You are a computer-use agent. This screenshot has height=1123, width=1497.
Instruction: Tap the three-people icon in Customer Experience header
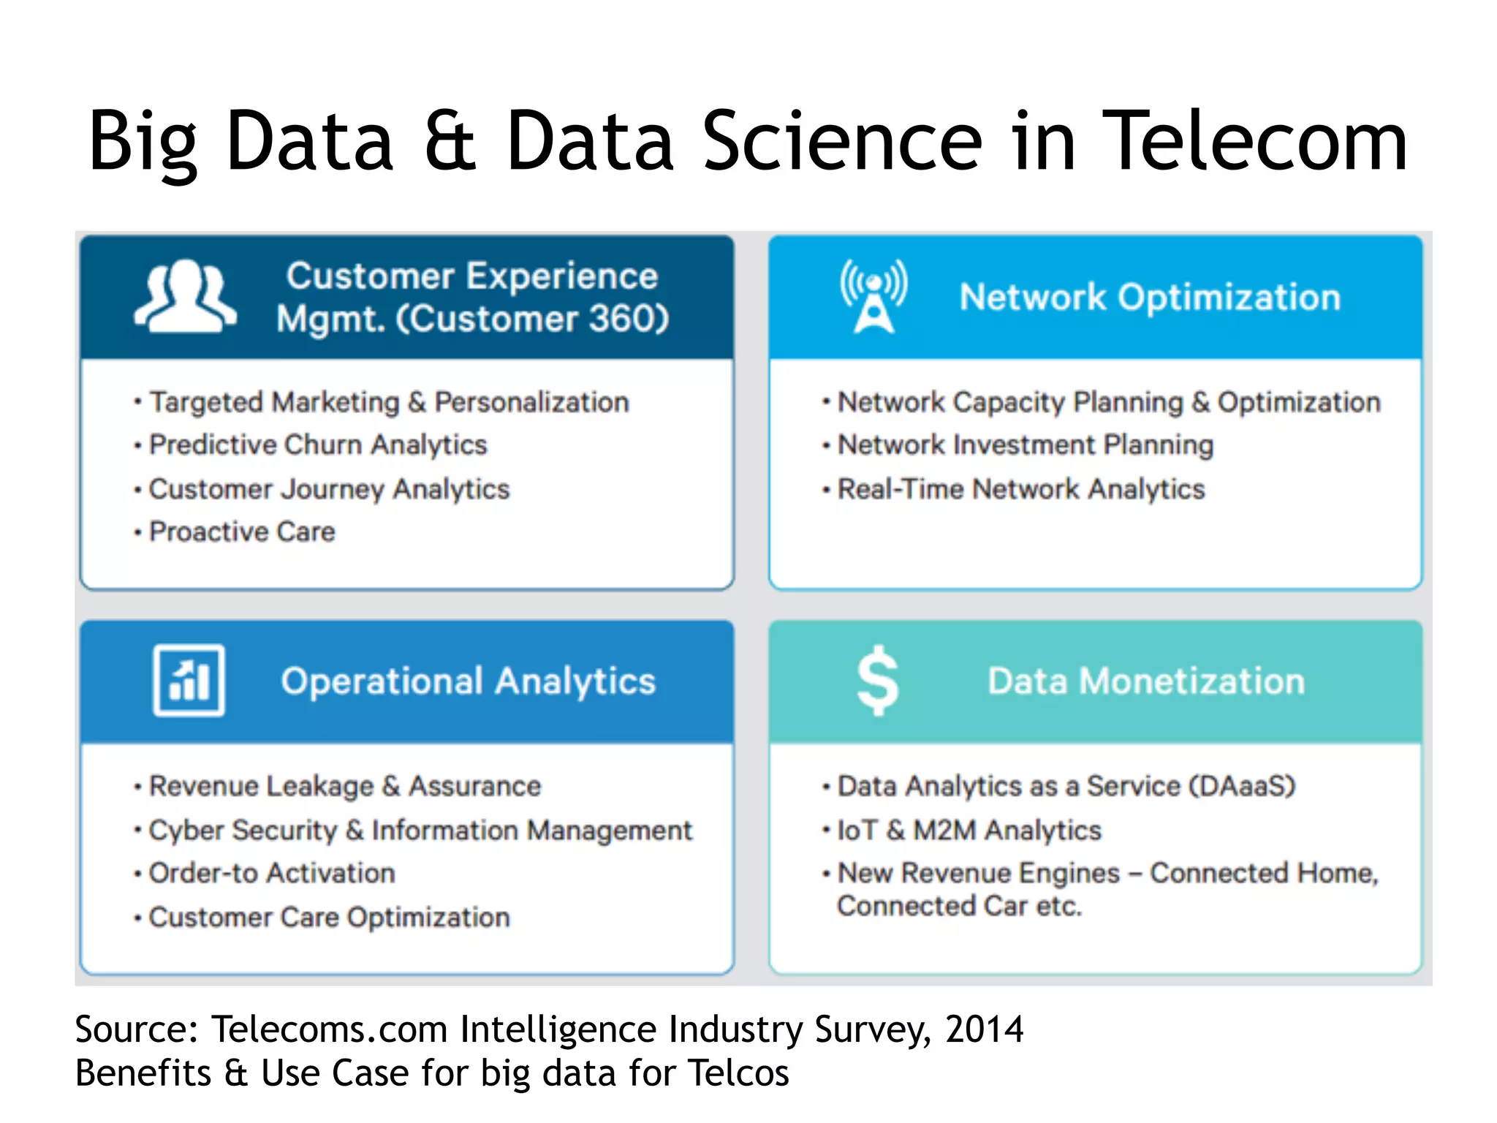coord(185,297)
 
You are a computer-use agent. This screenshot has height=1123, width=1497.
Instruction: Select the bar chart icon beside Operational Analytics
coord(189,681)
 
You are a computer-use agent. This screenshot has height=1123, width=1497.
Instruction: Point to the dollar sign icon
coord(877,681)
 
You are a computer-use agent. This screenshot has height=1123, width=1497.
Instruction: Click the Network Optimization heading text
coord(1150,297)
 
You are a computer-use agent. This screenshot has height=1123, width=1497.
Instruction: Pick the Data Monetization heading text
coord(1145,681)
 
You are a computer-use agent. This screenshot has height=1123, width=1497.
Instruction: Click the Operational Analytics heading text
coord(468,681)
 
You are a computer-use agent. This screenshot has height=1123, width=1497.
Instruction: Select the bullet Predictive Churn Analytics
coord(318,445)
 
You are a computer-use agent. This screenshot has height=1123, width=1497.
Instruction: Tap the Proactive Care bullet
coord(242,532)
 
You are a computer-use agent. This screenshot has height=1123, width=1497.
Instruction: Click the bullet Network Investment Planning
coord(1025,445)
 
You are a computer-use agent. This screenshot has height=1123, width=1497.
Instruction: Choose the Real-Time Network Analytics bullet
coord(1020,488)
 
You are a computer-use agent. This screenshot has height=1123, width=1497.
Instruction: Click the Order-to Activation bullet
coord(272,873)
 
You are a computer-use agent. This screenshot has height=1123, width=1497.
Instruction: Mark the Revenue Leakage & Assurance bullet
coord(345,786)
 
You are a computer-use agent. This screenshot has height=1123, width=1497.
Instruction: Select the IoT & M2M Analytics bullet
coord(969,830)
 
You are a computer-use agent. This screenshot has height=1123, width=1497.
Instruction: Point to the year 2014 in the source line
coord(984,1029)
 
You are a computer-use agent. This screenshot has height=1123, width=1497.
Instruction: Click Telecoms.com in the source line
coord(329,1029)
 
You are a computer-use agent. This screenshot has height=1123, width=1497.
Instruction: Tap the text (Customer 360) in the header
coord(532,319)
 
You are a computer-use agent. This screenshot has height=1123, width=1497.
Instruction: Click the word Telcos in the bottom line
coord(738,1073)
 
